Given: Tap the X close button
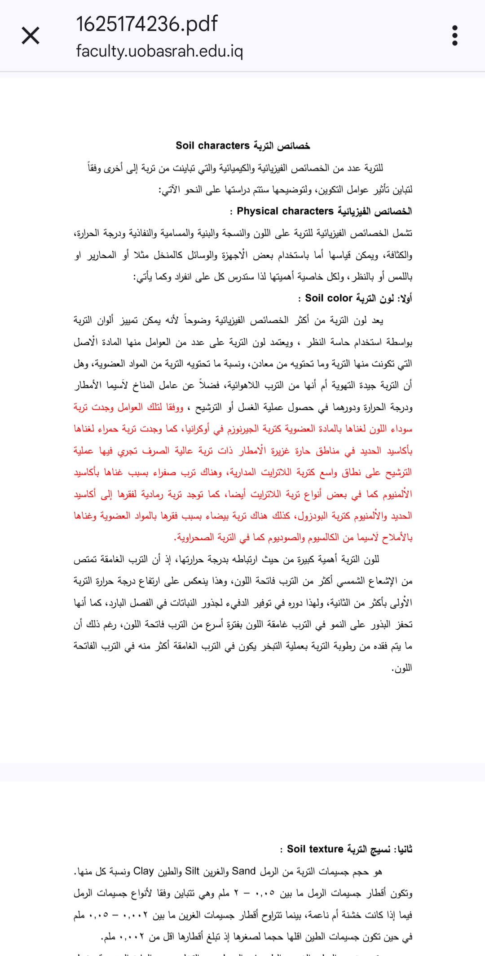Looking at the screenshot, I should click(x=31, y=35).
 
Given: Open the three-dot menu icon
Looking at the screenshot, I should click(x=454, y=35).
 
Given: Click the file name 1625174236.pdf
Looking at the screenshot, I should click(x=147, y=24).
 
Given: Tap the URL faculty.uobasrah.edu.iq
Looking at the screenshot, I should click(x=159, y=51).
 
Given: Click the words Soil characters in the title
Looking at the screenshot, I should click(x=212, y=145).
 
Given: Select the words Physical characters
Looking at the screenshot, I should click(x=285, y=211).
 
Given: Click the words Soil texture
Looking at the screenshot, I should click(x=315, y=849).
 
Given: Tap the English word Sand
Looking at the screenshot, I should click(x=243, y=871).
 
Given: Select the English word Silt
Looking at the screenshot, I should click(x=192, y=871).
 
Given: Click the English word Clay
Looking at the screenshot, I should click(x=144, y=871).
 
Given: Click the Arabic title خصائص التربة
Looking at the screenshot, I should click(x=282, y=146).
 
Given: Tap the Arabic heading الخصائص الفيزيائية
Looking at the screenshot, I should click(x=375, y=211).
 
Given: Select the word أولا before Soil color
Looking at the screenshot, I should click(x=405, y=298).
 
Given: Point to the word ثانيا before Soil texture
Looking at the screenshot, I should click(x=403, y=849).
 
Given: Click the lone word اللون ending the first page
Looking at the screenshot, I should click(x=401, y=668).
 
